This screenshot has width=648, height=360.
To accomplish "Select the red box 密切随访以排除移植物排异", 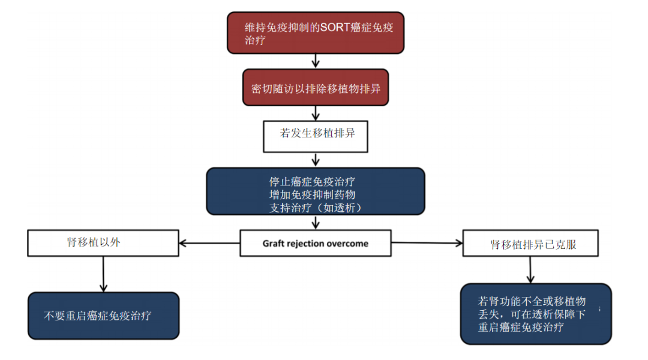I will click(316, 88).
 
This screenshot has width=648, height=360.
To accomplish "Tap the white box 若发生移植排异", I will click(316, 136).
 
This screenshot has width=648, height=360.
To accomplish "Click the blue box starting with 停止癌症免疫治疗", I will click(316, 191).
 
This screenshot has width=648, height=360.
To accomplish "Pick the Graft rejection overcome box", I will click(316, 243).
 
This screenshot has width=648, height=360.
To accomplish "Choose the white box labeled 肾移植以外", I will click(103, 243).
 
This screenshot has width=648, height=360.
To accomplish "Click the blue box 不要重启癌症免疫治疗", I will click(103, 316).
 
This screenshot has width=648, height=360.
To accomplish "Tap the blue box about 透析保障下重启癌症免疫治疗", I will click(536, 314).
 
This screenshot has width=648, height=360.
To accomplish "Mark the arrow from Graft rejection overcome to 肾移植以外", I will click(209, 243).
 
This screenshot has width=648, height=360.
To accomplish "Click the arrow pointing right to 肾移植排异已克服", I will click(427, 243).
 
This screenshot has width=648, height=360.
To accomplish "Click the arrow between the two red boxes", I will click(316, 61).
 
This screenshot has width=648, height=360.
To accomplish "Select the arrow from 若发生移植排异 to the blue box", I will click(316, 160).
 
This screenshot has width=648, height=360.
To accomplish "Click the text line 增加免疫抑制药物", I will click(312, 193).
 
